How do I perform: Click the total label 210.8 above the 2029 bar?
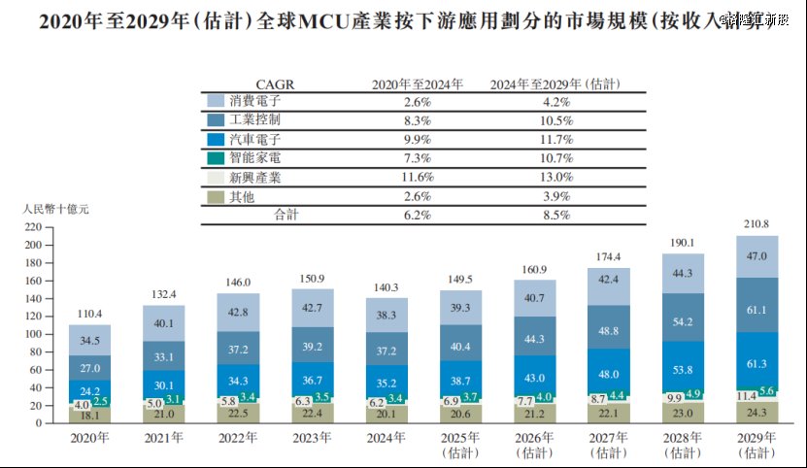click(757, 224)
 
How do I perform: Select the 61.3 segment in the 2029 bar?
click(757, 362)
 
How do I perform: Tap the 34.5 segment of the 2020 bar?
click(89, 342)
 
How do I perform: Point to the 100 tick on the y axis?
click(33, 334)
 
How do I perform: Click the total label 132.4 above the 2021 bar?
click(164, 294)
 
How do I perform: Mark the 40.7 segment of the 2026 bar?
click(534, 298)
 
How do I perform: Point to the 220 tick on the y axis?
click(33, 227)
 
